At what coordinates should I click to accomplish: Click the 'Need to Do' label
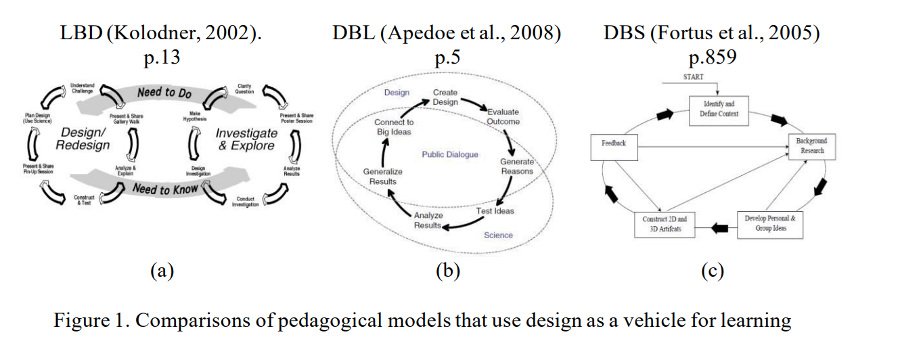click(164, 92)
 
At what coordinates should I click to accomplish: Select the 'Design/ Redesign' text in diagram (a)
click(83, 139)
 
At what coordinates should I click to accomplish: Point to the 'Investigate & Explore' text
click(246, 139)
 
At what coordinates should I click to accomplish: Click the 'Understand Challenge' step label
click(83, 88)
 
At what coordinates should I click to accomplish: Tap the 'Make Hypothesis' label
click(191, 116)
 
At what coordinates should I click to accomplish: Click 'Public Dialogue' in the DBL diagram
click(449, 155)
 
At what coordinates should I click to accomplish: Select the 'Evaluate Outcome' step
click(503, 116)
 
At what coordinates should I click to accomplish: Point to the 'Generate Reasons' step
click(517, 166)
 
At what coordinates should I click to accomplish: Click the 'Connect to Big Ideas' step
click(394, 127)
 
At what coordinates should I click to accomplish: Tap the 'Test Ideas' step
click(495, 211)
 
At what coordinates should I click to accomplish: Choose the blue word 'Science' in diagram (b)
click(498, 235)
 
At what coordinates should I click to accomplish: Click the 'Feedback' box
click(614, 144)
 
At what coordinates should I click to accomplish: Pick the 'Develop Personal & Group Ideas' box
click(770, 223)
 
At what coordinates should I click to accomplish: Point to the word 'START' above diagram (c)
click(693, 77)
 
